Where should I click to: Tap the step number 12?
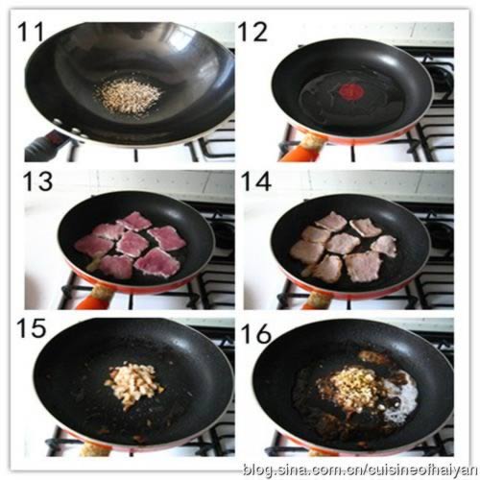(252, 32)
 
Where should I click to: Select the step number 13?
(38, 181)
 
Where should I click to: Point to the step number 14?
(256, 181)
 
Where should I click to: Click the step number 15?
(32, 328)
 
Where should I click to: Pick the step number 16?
(256, 333)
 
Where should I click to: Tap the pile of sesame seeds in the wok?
(129, 95)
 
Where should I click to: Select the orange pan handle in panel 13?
(91, 301)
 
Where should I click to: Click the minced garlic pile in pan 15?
(134, 384)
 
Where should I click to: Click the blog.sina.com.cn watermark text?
(359, 469)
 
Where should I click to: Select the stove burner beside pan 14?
(440, 234)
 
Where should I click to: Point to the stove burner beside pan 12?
(441, 77)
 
